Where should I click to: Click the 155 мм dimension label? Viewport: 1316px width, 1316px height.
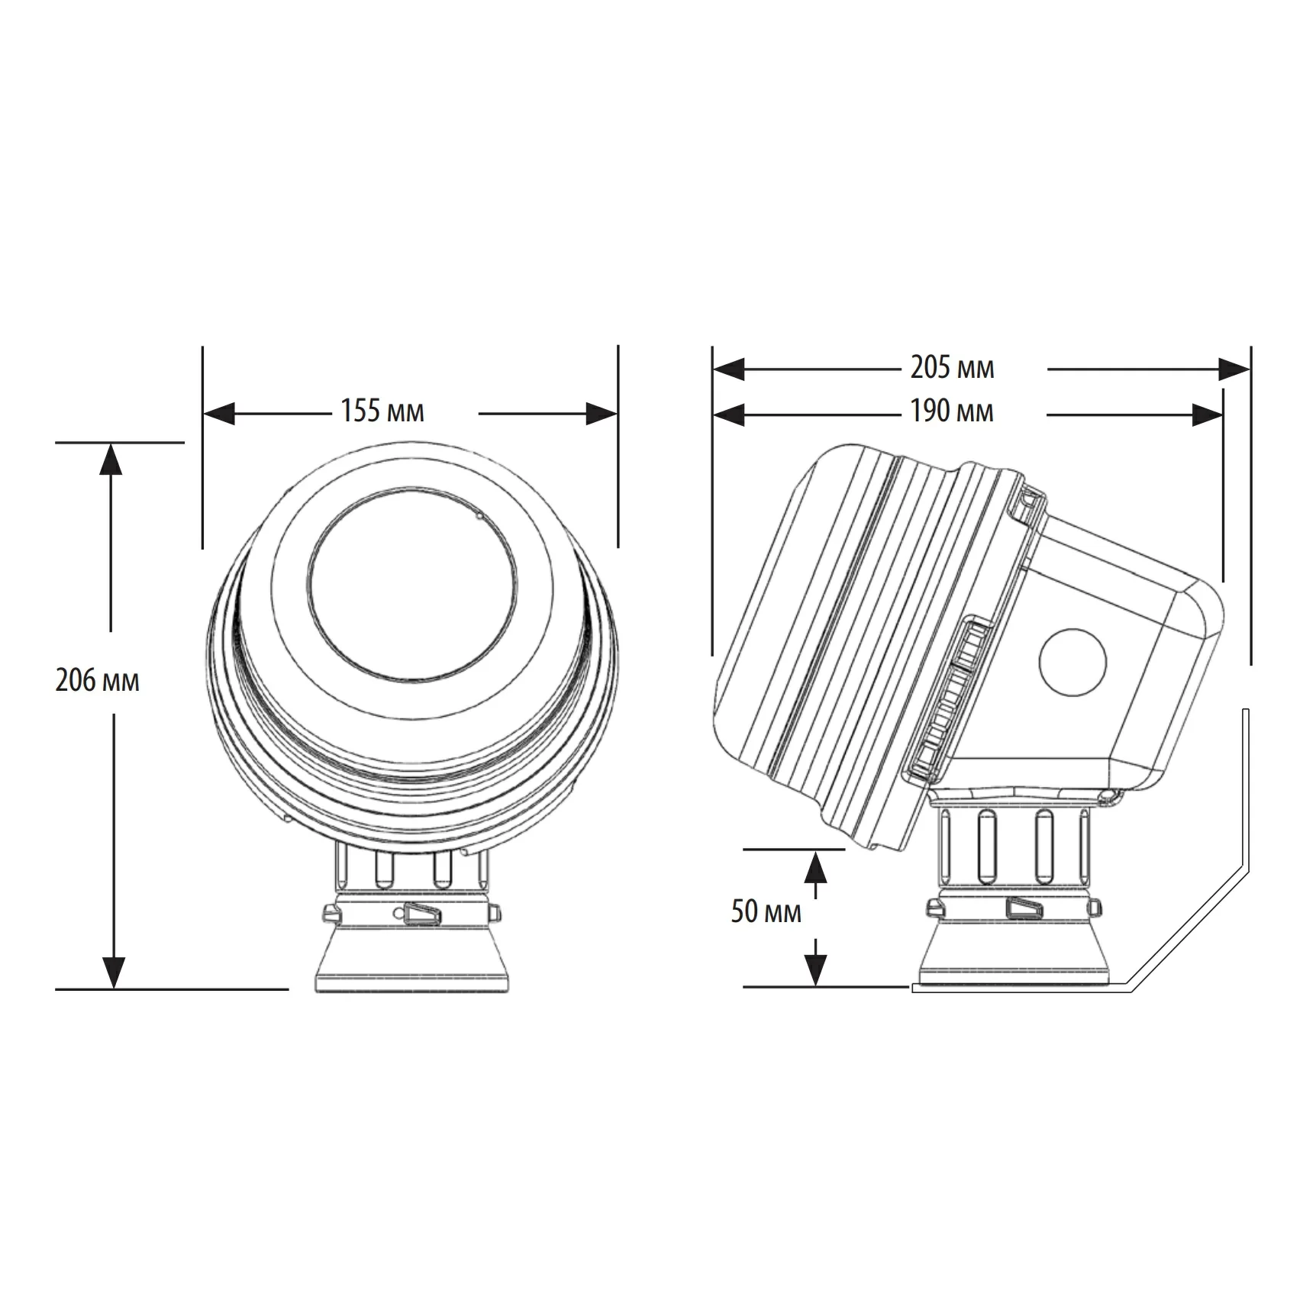pyautogui.click(x=382, y=411)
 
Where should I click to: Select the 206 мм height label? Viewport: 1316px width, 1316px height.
pyautogui.click(x=97, y=679)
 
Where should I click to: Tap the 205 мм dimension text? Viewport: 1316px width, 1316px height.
pyautogui.click(x=952, y=368)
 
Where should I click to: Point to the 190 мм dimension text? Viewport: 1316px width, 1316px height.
pyautogui.click(x=952, y=412)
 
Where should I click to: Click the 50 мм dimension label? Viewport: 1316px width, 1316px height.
pyautogui.click(x=766, y=911)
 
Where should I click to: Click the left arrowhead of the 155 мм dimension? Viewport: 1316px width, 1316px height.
pyautogui.click(x=220, y=414)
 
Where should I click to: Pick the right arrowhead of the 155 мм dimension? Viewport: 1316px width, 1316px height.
pyautogui.click(x=602, y=414)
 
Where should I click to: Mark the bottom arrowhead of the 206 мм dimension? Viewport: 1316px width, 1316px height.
pyautogui.click(x=114, y=973)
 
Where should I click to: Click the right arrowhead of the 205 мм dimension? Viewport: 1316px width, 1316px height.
pyautogui.click(x=1234, y=369)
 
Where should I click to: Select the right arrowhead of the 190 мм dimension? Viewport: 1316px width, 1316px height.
pyautogui.click(x=1208, y=415)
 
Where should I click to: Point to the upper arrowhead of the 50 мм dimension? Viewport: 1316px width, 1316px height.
pyautogui.click(x=817, y=866)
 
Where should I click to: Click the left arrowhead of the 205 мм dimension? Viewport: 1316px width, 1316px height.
pyautogui.click(x=728, y=370)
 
